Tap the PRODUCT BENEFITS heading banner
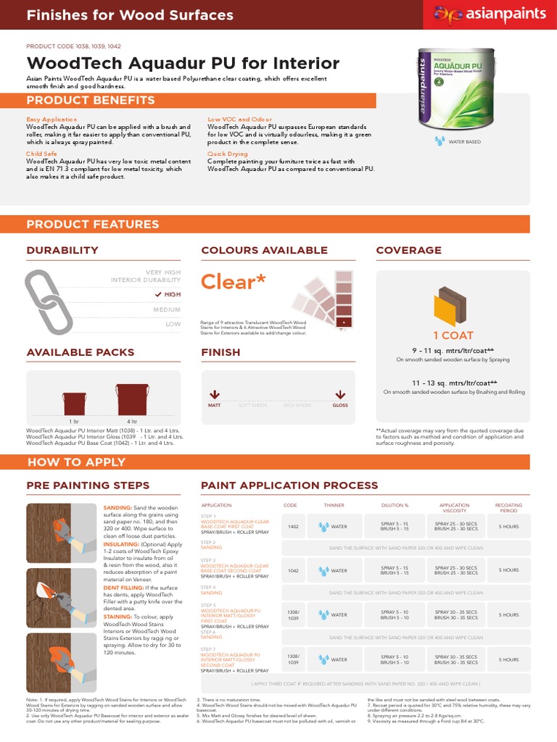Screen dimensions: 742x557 [82, 100]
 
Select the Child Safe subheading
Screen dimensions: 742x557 [41, 154]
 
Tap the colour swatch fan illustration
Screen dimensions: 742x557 [323, 299]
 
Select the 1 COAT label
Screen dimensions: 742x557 [453, 335]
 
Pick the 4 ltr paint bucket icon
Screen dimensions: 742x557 [133, 399]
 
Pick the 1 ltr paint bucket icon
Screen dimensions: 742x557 [74, 403]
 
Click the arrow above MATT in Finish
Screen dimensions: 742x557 [214, 395]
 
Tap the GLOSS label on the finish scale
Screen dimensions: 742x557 [339, 406]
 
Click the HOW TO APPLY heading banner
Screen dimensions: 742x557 [76, 462]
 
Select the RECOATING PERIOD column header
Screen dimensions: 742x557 [508, 507]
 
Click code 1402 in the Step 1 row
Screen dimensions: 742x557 [293, 527]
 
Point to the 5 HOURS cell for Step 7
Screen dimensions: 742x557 [508, 659]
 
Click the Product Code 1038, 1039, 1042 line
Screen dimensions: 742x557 [73, 46]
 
